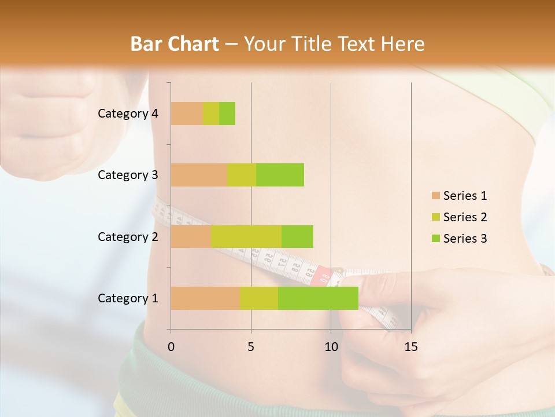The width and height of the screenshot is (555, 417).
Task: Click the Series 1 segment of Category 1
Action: tap(205, 298)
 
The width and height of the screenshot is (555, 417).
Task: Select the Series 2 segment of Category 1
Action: tap(259, 298)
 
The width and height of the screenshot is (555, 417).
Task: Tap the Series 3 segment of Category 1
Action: tap(318, 298)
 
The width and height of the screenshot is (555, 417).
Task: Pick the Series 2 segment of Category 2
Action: tap(246, 236)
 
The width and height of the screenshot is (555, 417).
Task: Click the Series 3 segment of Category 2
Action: tap(297, 236)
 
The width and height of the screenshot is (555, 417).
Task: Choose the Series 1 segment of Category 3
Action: tap(199, 175)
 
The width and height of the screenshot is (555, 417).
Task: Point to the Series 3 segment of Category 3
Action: tap(280, 175)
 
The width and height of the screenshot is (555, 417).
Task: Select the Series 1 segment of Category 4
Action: tap(187, 114)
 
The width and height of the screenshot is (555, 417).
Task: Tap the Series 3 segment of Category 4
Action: tap(227, 114)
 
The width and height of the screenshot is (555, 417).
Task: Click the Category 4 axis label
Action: tap(128, 114)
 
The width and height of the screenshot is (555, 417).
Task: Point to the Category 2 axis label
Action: tap(128, 236)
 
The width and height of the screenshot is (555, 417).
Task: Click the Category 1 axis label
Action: tap(128, 298)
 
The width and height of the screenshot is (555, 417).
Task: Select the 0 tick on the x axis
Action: tap(171, 347)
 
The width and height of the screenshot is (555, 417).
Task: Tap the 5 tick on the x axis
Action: tap(251, 347)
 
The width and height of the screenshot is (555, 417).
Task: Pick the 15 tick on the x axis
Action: tap(410, 347)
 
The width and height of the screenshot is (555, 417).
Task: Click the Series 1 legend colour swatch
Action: tap(435, 196)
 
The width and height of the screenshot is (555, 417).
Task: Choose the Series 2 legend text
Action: tap(465, 217)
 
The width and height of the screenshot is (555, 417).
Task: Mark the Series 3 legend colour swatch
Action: tap(435, 239)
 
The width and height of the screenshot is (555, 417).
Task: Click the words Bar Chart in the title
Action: tap(175, 44)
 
